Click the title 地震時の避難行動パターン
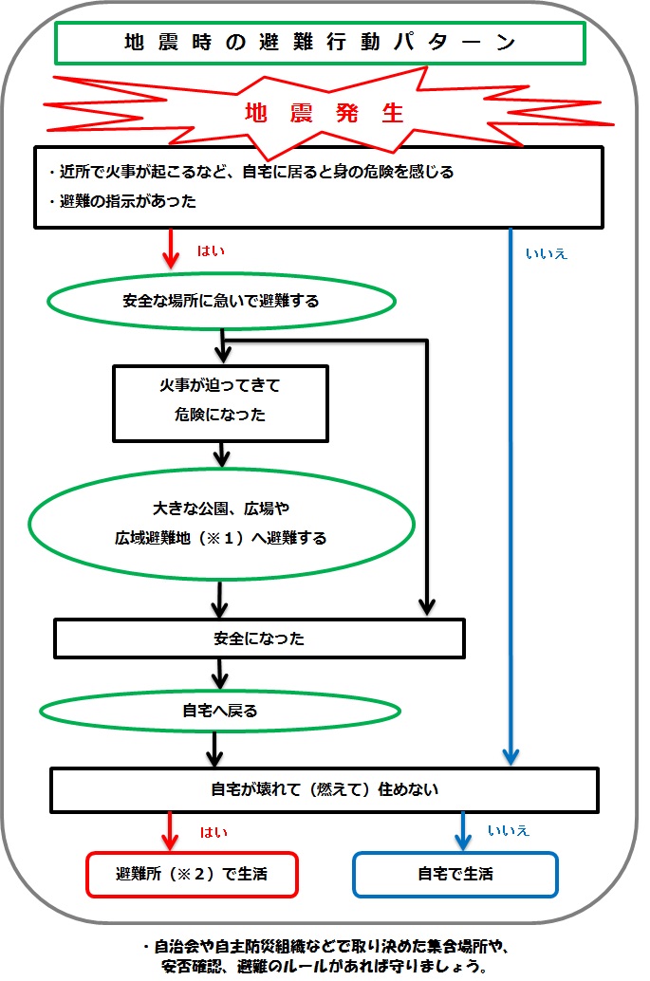click(319, 43)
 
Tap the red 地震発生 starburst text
click(325, 114)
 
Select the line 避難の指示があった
click(121, 201)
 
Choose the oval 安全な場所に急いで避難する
click(220, 302)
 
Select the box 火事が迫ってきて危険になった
click(219, 402)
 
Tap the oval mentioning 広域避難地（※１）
click(220, 524)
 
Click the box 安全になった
click(259, 639)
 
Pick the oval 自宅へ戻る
click(219, 710)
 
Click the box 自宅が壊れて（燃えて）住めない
click(324, 788)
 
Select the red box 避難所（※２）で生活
click(192, 874)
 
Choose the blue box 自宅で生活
click(455, 874)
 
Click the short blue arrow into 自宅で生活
click(464, 833)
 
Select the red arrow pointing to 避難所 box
click(171, 832)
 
